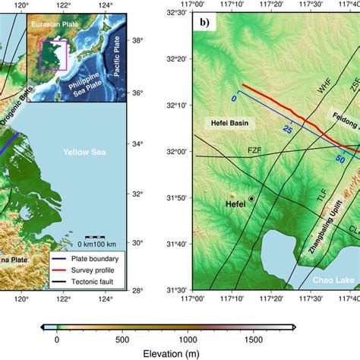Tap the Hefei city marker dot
[251, 198]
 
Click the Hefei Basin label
[230, 122]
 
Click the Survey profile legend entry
[93, 258]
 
